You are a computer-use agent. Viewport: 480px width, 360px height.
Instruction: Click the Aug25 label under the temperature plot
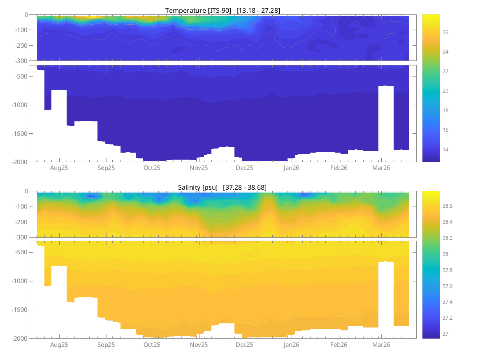tap(59, 168)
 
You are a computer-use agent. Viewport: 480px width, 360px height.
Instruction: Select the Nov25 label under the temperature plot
tap(199, 168)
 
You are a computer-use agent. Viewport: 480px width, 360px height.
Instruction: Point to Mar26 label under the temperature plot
tap(381, 168)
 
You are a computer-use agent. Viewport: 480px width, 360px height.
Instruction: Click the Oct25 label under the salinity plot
tap(152, 344)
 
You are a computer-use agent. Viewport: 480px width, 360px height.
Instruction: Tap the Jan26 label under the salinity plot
tap(291, 344)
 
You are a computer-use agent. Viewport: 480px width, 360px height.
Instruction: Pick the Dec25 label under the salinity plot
tap(244, 344)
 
